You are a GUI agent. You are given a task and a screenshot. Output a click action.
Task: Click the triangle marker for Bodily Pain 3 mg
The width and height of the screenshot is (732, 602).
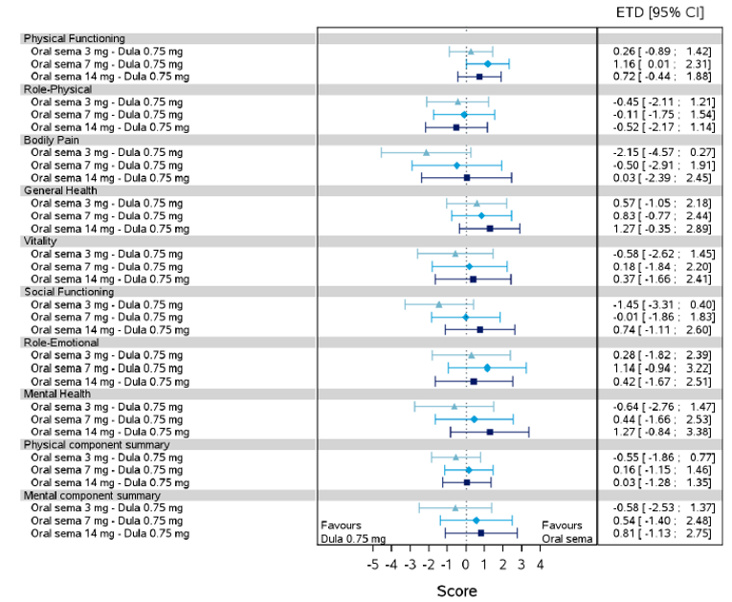coord(426,152)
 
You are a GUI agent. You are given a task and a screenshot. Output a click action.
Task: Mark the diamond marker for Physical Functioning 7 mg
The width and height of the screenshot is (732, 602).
coord(487,63)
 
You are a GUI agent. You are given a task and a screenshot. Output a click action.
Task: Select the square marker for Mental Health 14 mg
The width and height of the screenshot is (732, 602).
coord(490,432)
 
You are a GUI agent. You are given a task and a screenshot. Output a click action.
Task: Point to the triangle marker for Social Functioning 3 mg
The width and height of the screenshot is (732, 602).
coord(439,304)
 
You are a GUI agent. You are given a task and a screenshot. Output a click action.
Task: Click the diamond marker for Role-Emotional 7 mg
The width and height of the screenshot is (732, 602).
coord(487,368)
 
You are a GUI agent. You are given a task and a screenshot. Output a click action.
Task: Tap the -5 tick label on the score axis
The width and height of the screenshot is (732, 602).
coord(373,565)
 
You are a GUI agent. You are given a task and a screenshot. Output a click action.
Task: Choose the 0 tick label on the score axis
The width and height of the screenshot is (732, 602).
coord(466,565)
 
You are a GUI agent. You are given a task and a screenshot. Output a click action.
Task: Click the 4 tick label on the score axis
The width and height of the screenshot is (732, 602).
coord(541,565)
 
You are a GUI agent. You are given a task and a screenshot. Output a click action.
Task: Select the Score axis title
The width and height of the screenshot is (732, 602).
coord(456,591)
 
